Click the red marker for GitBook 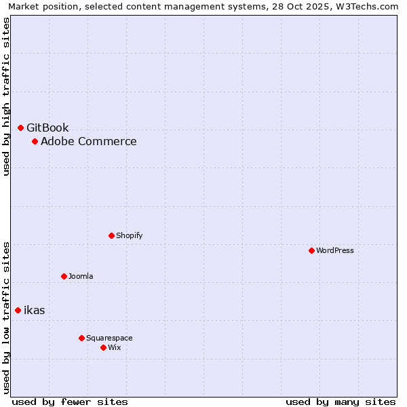click(x=20, y=128)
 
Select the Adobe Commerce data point click(x=35, y=141)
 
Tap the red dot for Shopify click(x=111, y=235)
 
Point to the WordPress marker click(x=311, y=250)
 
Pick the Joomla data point click(x=64, y=276)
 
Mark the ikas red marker click(x=18, y=310)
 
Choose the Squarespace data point click(x=81, y=338)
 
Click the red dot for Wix click(x=103, y=347)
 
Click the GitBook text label click(x=47, y=128)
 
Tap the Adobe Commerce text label click(x=88, y=141)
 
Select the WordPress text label click(x=335, y=250)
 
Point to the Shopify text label click(x=129, y=235)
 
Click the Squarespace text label click(x=109, y=338)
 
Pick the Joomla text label click(x=81, y=276)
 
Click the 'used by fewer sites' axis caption click(x=70, y=402)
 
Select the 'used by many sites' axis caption click(x=341, y=402)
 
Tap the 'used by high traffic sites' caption click(x=7, y=96)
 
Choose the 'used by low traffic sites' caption click(x=7, y=317)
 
